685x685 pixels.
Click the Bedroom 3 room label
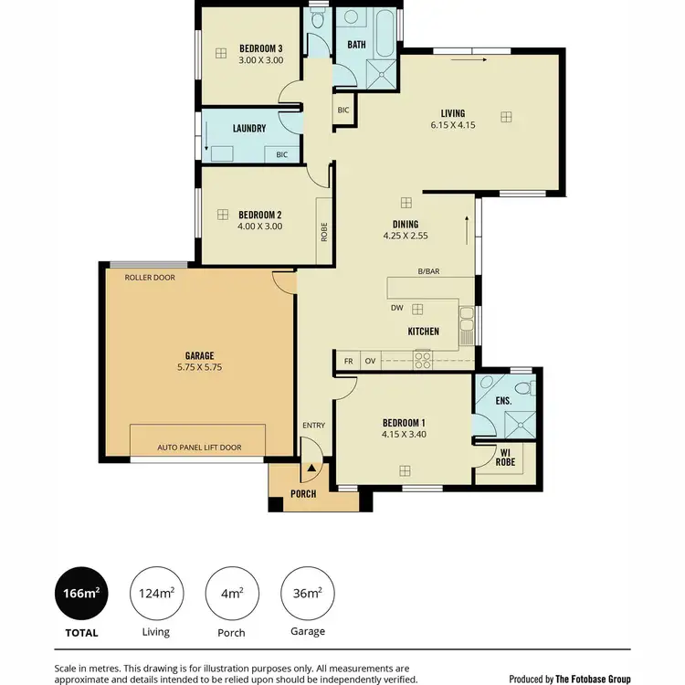[x=261, y=48]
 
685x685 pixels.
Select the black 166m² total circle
[x=81, y=594]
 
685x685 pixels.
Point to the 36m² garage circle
[x=307, y=594]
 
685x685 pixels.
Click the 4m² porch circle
[x=232, y=594]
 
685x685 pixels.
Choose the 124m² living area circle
[x=156, y=594]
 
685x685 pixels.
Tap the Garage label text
[x=199, y=355]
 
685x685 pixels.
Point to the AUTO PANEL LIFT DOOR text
[x=199, y=448]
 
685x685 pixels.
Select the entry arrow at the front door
[x=311, y=467]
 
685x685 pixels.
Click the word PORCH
[x=303, y=494]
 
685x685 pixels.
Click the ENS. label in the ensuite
[x=503, y=401]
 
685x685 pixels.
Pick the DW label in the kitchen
[x=396, y=309]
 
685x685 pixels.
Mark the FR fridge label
[x=348, y=361]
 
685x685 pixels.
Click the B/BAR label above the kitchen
[x=429, y=271]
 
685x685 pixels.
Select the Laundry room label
[x=248, y=129]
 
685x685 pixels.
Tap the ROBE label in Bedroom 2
[x=324, y=232]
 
